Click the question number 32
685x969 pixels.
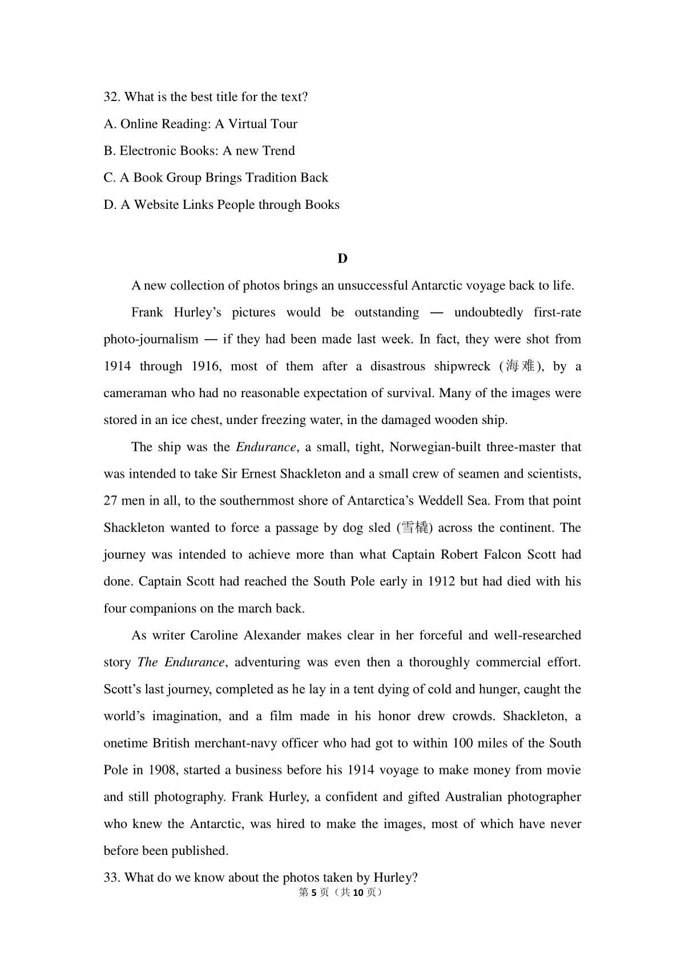click(111, 97)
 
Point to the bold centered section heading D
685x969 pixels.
click(342, 259)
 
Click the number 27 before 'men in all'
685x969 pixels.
click(111, 500)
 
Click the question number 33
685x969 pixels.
click(111, 878)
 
